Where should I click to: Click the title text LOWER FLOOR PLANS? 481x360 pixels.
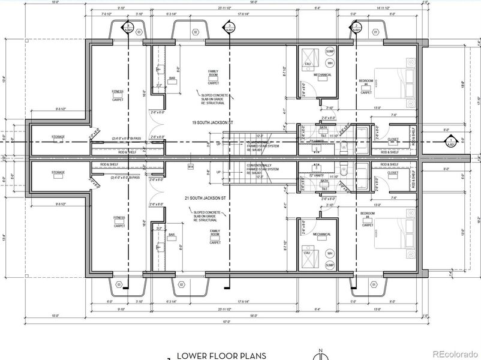[x=221, y=355]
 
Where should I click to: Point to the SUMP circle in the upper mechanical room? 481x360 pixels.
[x=329, y=52]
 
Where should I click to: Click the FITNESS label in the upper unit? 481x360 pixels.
[x=118, y=94]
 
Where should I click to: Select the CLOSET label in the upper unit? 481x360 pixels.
[x=393, y=139]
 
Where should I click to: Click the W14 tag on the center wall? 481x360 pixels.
[x=191, y=166]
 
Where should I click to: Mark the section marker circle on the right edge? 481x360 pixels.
[x=450, y=143]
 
